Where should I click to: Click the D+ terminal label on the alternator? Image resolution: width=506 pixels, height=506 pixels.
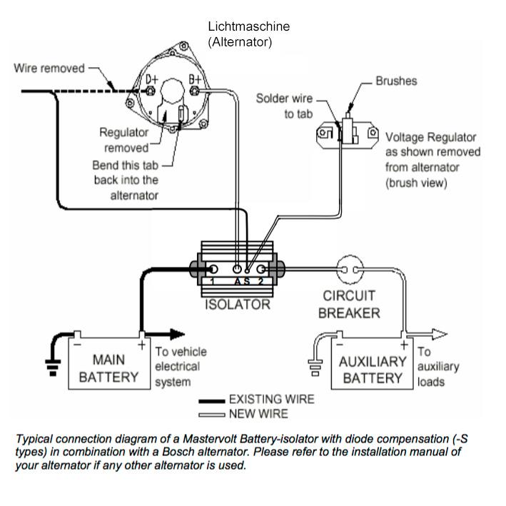click(151, 80)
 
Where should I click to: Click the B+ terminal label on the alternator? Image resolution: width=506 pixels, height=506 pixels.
click(195, 80)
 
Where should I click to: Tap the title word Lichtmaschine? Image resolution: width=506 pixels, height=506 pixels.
click(249, 26)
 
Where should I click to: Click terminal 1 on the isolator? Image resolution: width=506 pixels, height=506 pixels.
click(213, 270)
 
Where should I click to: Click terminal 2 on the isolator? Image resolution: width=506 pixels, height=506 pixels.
click(262, 270)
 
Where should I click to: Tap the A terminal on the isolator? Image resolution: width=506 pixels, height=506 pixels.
click(238, 270)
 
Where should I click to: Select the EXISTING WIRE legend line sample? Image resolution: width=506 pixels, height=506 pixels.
click(211, 401)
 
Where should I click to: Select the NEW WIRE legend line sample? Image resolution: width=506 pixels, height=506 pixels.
click(211, 414)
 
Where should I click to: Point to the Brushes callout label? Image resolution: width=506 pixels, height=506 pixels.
click(396, 81)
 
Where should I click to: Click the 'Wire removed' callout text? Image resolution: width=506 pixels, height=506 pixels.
click(49, 69)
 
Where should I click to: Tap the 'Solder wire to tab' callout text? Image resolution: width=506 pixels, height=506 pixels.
click(284, 106)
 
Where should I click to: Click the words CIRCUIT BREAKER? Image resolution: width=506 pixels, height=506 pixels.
click(349, 304)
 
